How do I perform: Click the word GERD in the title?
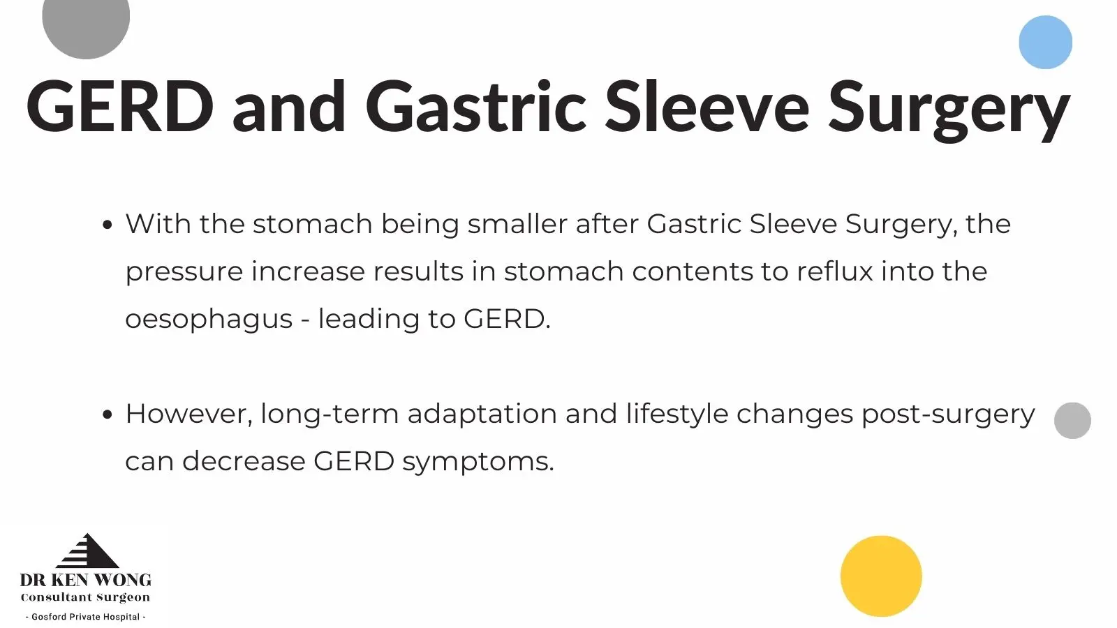pyautogui.click(x=120, y=107)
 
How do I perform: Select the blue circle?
pyautogui.click(x=1045, y=42)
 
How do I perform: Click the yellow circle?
pyautogui.click(x=881, y=576)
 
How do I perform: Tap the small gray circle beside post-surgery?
pyautogui.click(x=1072, y=421)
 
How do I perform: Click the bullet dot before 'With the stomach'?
pyautogui.click(x=107, y=225)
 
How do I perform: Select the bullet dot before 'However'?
pyautogui.click(x=107, y=414)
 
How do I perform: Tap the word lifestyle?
pyautogui.click(x=676, y=415)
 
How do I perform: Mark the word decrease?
pyautogui.click(x=244, y=461)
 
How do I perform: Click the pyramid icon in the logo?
pyautogui.click(x=87, y=551)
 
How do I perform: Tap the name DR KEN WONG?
pyautogui.click(x=86, y=580)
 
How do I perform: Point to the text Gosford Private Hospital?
pyautogui.click(x=86, y=617)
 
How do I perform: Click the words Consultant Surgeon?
pyautogui.click(x=85, y=597)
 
